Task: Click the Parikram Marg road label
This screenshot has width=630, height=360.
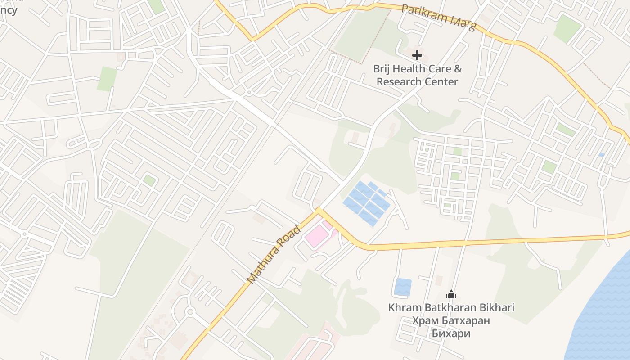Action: (x=438, y=18)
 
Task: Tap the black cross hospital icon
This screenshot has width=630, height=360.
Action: (x=417, y=55)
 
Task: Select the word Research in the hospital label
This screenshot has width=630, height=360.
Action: (x=399, y=82)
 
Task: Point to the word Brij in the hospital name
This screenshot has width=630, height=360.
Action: (x=382, y=69)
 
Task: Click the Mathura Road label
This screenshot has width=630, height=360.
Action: (x=274, y=254)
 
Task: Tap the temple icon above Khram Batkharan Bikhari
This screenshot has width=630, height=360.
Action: (x=451, y=295)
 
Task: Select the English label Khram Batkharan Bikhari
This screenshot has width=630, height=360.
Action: (x=451, y=308)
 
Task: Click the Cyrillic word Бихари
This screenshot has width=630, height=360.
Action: (x=451, y=333)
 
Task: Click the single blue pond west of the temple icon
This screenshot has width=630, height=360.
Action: (x=403, y=287)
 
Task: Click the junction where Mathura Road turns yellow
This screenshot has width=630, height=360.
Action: (x=318, y=210)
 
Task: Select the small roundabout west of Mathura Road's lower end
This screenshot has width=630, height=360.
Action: (x=190, y=311)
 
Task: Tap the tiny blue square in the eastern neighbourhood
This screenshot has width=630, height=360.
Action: (x=602, y=154)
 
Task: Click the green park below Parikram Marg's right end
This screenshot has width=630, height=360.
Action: (x=567, y=28)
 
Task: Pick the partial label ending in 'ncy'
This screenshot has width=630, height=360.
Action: (x=9, y=10)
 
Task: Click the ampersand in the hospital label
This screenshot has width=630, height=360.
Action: (x=457, y=69)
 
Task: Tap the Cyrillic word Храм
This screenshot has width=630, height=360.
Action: (x=425, y=321)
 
